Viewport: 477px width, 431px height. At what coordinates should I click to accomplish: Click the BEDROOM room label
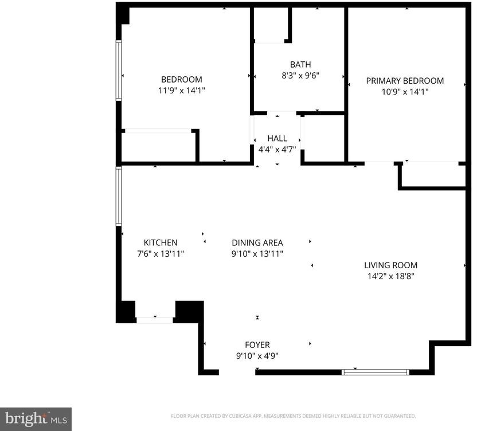pos(182,80)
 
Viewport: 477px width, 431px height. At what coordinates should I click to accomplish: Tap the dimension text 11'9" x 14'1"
pos(182,91)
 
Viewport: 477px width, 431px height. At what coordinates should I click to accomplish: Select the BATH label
pos(300,65)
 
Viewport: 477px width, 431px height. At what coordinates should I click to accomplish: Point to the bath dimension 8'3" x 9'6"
pos(300,76)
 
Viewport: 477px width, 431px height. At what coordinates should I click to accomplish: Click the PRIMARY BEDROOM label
pos(405,81)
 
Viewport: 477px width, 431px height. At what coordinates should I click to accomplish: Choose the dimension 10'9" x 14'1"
pos(405,92)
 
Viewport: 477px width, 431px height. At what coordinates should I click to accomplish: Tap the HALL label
pos(277,138)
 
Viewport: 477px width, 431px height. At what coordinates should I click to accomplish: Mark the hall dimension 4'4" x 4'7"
pos(277,150)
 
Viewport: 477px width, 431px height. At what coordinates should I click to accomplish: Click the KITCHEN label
pos(161,242)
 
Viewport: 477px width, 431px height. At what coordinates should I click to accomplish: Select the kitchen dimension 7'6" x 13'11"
pos(161,254)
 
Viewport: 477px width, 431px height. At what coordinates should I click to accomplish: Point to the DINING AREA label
pos(257,242)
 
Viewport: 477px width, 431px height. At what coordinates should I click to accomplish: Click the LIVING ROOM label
pos(391,265)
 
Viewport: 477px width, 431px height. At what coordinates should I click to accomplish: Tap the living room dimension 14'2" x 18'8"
pos(391,276)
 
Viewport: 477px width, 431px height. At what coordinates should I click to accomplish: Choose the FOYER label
pos(257,345)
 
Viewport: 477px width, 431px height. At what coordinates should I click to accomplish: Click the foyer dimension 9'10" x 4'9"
pos(257,356)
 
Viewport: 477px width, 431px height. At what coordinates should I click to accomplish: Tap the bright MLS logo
pos(36,419)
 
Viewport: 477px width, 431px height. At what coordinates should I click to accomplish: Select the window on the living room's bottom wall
pos(376,373)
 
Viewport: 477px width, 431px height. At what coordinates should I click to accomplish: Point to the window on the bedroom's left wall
pos(119,70)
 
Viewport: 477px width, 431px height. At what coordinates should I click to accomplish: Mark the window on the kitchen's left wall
pos(119,196)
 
